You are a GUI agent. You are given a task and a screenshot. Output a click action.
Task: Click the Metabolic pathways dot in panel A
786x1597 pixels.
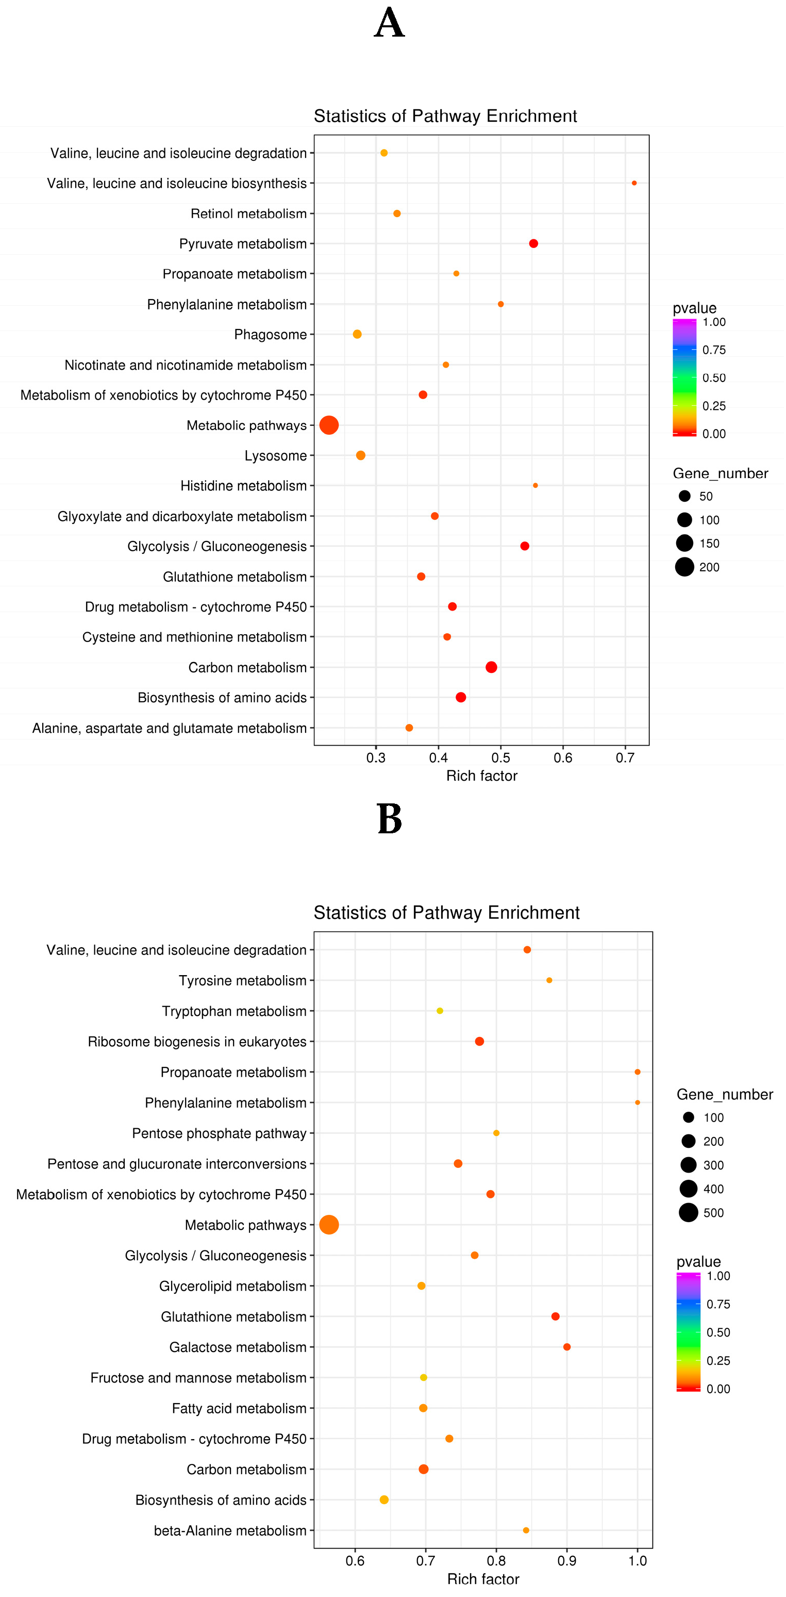(329, 425)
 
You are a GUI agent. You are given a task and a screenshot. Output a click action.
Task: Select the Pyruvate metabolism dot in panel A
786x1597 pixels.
(533, 243)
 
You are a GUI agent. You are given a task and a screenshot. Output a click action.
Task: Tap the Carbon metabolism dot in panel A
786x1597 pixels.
(491, 667)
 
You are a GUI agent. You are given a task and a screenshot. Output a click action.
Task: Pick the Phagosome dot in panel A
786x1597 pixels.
(357, 334)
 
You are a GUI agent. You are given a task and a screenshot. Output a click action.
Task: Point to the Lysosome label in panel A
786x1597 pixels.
(275, 456)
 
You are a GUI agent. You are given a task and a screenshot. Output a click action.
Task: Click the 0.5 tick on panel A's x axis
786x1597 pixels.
(501, 758)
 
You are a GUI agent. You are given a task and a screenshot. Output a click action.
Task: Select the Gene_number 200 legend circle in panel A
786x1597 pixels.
(684, 567)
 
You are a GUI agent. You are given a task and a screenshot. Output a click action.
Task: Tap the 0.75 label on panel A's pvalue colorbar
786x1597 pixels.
(713, 350)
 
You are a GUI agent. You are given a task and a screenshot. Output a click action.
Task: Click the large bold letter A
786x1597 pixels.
(390, 24)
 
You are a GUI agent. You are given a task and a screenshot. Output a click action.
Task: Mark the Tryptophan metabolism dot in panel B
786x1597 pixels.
(440, 1011)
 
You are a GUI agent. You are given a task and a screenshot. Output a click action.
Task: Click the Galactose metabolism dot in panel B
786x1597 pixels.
(566, 1346)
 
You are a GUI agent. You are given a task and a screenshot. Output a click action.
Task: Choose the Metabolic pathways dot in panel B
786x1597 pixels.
(329, 1224)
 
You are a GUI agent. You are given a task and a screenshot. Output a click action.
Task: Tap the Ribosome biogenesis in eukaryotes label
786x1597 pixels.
(197, 1042)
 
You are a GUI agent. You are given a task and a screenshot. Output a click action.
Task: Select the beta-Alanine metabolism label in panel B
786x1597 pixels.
(230, 1530)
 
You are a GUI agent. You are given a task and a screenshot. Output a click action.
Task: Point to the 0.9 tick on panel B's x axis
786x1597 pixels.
(566, 1560)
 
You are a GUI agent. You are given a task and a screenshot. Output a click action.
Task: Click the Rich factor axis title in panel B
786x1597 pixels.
(483, 1578)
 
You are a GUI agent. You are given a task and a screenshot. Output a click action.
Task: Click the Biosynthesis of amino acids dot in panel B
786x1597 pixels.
(383, 1500)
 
